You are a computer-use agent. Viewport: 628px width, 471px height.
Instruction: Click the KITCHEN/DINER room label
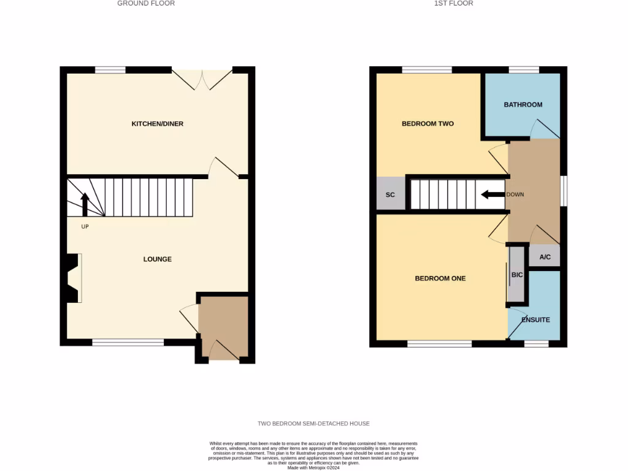click(158, 124)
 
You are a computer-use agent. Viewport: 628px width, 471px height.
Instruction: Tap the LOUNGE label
click(158, 259)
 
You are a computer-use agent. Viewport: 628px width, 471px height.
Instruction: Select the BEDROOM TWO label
click(427, 124)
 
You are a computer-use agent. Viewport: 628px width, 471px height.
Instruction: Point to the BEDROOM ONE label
click(440, 278)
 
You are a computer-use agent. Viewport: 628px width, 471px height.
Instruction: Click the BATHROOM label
click(523, 105)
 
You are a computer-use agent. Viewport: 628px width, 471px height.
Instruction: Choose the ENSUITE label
click(535, 320)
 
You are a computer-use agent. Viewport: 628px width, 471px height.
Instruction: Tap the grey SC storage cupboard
click(390, 194)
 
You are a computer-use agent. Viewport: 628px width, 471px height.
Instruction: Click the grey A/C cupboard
click(545, 257)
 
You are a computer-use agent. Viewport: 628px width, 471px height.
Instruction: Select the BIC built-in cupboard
click(517, 275)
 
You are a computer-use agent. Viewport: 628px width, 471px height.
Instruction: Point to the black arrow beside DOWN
click(492, 195)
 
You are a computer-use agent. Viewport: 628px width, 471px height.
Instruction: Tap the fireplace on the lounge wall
click(73, 278)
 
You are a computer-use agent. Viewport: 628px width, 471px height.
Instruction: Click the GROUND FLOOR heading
click(146, 4)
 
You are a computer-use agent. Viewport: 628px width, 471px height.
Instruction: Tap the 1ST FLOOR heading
click(453, 4)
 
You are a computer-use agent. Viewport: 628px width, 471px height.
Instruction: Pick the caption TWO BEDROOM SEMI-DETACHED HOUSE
click(313, 424)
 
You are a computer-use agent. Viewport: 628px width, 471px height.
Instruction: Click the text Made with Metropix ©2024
click(313, 467)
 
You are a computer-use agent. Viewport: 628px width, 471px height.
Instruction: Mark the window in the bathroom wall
click(523, 70)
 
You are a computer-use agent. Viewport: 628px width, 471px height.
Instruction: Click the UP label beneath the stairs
click(85, 226)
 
